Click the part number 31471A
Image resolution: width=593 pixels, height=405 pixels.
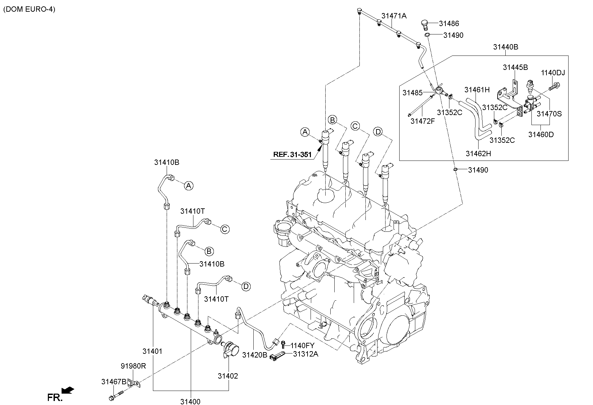click(394, 15)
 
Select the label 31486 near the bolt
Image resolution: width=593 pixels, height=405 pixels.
click(449, 23)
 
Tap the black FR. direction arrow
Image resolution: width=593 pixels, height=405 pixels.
click(69, 390)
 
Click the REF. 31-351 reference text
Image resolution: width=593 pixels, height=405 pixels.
click(292, 155)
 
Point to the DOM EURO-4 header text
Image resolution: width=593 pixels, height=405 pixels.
click(29, 9)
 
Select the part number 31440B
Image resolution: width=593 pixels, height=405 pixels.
click(505, 47)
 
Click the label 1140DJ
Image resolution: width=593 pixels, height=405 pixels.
click(553, 73)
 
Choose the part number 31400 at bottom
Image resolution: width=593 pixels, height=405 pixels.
click(190, 402)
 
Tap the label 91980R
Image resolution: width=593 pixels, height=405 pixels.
click(133, 366)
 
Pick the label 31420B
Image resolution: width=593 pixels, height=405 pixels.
click(255, 355)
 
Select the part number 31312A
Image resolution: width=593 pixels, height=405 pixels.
click(306, 354)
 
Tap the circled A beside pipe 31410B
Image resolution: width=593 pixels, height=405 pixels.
click(189, 186)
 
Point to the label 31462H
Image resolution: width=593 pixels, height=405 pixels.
click(478, 154)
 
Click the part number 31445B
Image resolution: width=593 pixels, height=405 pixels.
click(515, 67)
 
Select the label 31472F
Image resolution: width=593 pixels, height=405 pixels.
click(422, 121)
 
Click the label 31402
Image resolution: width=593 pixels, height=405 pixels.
click(228, 376)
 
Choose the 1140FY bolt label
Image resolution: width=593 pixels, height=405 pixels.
click(302, 345)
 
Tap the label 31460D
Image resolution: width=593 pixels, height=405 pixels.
click(541, 134)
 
